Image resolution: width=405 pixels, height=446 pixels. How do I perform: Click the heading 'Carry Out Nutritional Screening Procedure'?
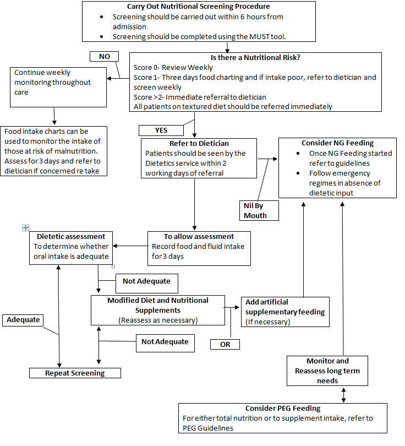198,7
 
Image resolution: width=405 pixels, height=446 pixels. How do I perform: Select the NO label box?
105,57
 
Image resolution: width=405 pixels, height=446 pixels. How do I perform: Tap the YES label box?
160,130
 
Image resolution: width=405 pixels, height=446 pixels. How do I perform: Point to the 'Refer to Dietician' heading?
199,144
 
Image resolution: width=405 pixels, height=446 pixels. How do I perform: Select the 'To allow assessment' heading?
199,236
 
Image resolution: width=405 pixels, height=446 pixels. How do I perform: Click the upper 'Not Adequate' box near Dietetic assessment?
146,281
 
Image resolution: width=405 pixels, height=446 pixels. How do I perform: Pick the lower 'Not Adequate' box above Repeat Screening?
165,342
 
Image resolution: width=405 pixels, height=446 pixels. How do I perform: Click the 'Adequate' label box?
24,320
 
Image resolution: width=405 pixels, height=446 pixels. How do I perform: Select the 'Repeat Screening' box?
75,373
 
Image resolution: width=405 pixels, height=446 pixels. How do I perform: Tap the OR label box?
225,344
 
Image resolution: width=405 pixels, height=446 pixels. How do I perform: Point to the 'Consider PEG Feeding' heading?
283,409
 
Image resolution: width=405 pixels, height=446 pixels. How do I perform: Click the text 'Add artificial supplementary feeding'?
284,307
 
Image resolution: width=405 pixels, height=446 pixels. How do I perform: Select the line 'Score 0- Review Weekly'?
173,67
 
